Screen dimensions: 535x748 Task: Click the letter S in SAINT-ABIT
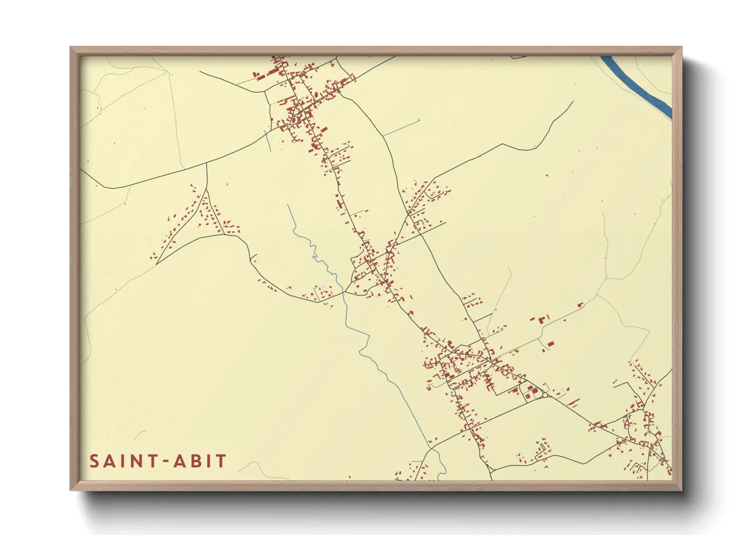pyautogui.click(x=95, y=461)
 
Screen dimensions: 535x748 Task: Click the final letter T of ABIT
pyautogui.click(x=221, y=461)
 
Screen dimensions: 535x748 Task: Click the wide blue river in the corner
pyautogui.click(x=637, y=83)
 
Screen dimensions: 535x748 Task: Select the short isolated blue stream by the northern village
pyautogui.click(x=268, y=141)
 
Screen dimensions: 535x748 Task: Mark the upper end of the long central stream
pyautogui.click(x=288, y=205)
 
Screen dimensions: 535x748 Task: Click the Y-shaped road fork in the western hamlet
pyautogui.click(x=207, y=190)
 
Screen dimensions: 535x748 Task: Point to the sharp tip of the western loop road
pyautogui.click(x=157, y=263)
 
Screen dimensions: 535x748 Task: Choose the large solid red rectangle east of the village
pyautogui.click(x=550, y=344)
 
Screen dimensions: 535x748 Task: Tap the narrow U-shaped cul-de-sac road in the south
pyautogui.click(x=542, y=448)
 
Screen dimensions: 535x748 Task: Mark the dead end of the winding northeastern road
pyautogui.click(x=573, y=102)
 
